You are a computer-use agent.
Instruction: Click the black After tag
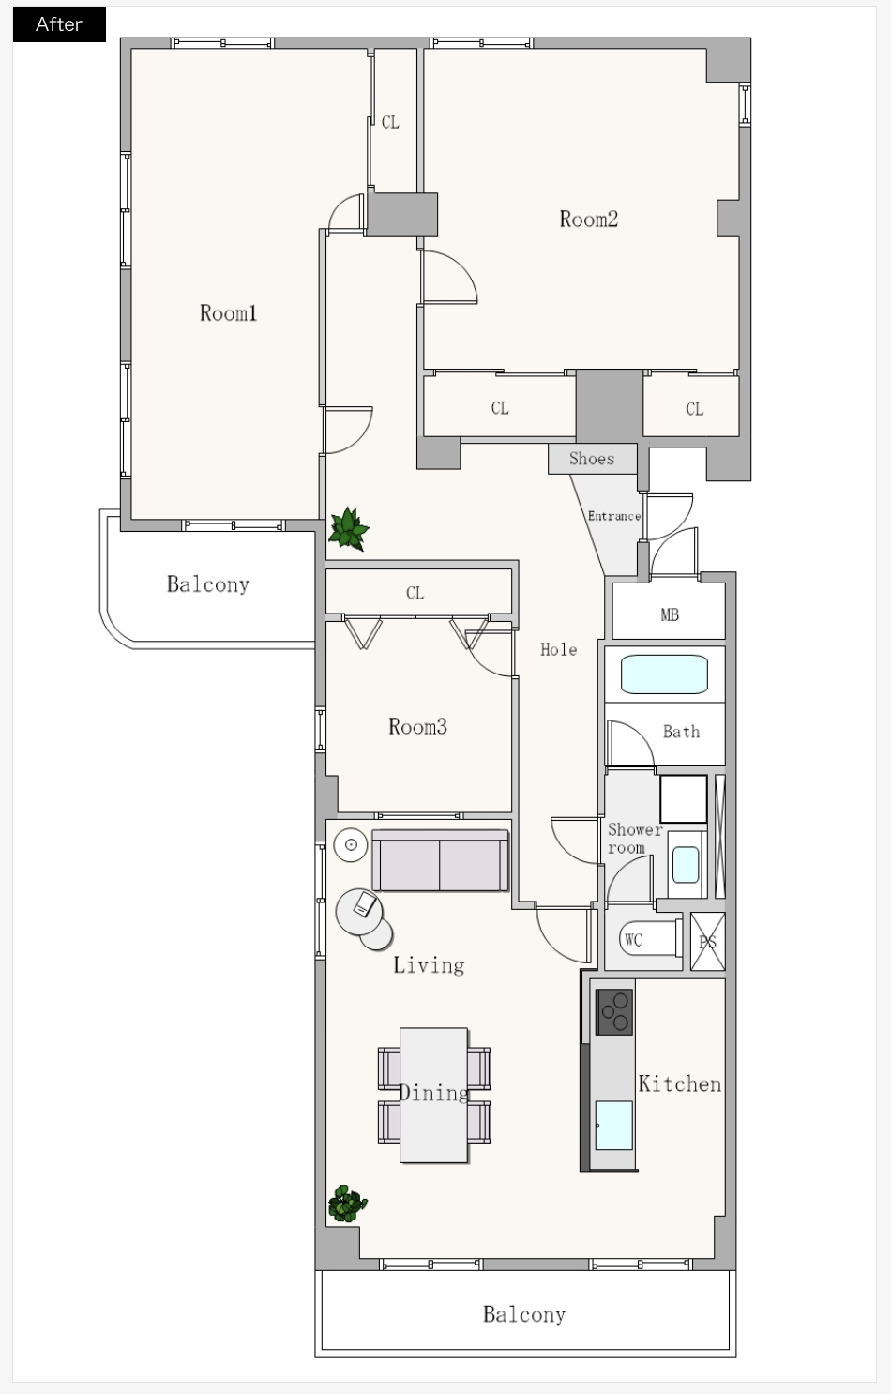pos(59,24)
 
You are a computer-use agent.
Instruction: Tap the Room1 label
pos(228,313)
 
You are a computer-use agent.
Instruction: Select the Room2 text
pos(589,220)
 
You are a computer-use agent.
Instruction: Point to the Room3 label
pos(417,726)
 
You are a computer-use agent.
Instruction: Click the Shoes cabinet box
pos(593,459)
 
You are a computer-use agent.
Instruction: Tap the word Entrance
pos(614,516)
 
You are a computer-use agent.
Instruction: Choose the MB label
pos(670,614)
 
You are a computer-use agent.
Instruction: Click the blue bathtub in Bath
pos(665,674)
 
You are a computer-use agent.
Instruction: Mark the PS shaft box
pos(708,942)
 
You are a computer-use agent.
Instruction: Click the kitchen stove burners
pos(614,1012)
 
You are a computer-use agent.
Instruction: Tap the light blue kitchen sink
pos(614,1125)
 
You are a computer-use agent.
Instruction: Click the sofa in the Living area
pos(440,860)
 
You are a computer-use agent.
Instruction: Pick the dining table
pos(433,1096)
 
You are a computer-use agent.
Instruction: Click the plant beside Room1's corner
pos(349,529)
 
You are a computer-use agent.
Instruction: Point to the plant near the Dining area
pos(347,1203)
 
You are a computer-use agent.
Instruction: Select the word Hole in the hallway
pos(558,650)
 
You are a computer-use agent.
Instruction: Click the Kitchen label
pos(679,1084)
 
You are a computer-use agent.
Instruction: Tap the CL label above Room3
pos(415,593)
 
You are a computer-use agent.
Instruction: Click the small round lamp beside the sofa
pos(351,844)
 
